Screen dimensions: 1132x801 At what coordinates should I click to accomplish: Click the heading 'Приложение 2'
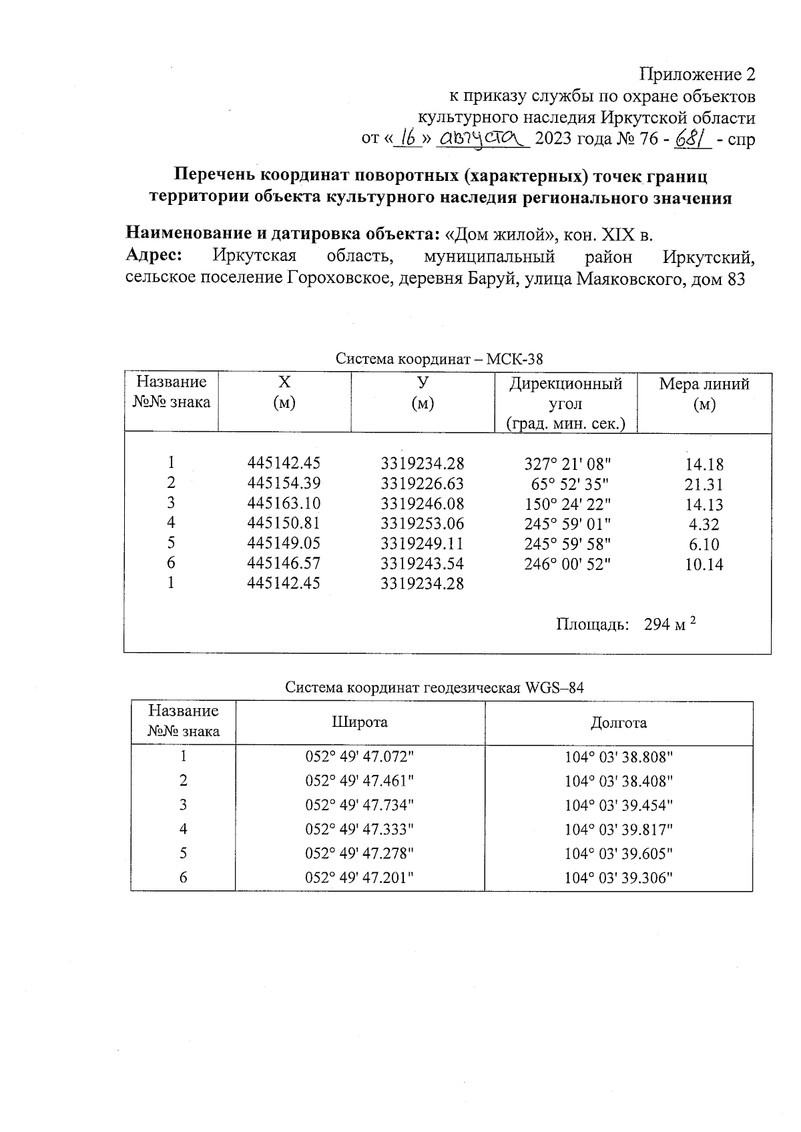click(697, 73)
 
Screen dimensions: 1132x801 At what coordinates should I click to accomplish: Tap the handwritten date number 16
click(406, 138)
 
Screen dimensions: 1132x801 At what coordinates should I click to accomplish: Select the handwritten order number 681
click(694, 138)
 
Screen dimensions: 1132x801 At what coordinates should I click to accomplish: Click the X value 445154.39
click(284, 483)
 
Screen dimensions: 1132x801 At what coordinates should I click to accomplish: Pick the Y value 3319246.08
click(422, 503)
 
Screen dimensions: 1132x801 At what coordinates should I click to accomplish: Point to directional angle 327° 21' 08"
click(567, 463)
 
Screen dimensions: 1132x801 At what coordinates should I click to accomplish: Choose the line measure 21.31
click(704, 485)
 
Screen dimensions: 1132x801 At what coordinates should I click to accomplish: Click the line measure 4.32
click(704, 525)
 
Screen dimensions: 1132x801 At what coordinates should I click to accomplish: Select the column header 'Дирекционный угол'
click(565, 394)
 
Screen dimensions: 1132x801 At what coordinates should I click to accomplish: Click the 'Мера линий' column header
click(704, 384)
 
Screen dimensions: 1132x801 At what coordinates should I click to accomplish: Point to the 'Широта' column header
click(360, 722)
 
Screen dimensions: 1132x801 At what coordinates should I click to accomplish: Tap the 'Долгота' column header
click(618, 722)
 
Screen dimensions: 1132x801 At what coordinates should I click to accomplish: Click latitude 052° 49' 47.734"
click(360, 805)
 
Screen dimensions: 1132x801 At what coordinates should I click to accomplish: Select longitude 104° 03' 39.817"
click(618, 829)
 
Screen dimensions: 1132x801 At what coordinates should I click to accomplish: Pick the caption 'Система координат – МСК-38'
click(439, 359)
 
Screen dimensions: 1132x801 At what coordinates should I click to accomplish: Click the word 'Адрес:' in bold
click(154, 256)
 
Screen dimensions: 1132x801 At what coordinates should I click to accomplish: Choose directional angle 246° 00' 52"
click(567, 564)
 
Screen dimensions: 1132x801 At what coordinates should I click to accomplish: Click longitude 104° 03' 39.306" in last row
click(618, 878)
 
